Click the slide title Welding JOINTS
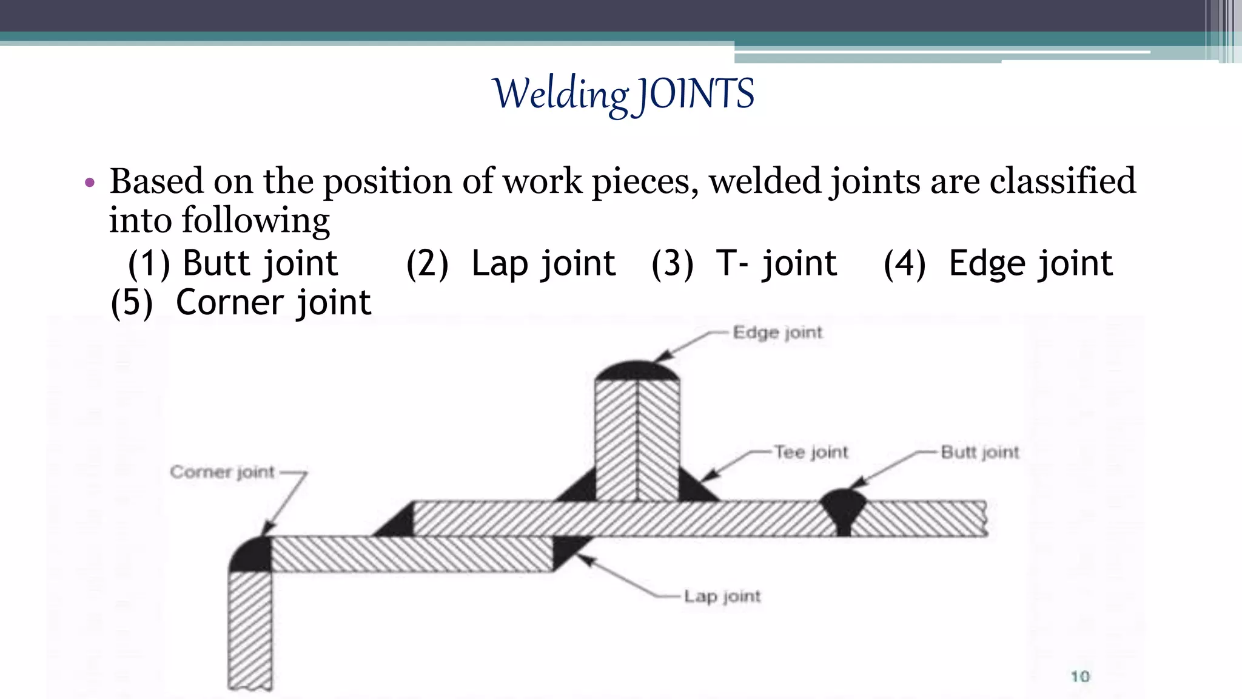[x=624, y=95]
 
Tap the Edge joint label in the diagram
[x=777, y=333]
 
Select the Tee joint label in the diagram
[x=811, y=452]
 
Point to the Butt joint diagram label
[x=979, y=452]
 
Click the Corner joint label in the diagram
[x=222, y=471]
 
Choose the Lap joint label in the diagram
[x=722, y=596]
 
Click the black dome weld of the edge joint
[x=637, y=371]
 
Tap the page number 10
[x=1080, y=676]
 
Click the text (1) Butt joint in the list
[x=232, y=263]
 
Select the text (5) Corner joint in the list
[x=240, y=302]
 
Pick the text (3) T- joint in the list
[x=744, y=263]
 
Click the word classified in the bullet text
[x=1062, y=181]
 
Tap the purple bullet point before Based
[x=90, y=183]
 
